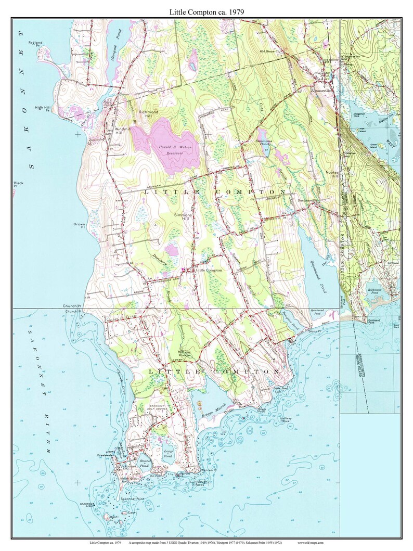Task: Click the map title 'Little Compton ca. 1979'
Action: coord(206,11)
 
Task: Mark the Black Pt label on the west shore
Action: coord(19,184)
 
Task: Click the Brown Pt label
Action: coord(79,225)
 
